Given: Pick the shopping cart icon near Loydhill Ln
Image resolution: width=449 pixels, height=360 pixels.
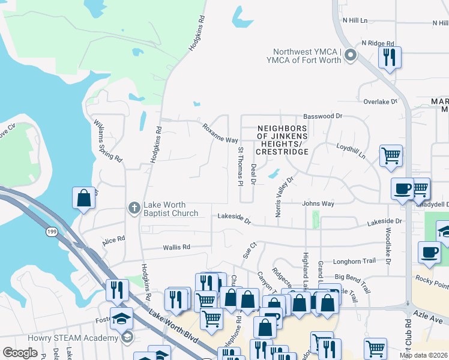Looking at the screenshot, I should (391, 155).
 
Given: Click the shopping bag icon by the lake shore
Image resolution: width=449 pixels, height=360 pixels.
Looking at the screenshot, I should (83, 198).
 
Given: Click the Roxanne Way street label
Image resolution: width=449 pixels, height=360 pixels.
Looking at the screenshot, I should (220, 133).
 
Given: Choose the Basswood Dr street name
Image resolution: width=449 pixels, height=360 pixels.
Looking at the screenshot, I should (322, 116).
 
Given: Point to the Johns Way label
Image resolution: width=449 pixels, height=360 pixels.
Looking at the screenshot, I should (318, 203).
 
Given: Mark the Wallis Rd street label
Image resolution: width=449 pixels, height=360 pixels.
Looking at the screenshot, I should (176, 247).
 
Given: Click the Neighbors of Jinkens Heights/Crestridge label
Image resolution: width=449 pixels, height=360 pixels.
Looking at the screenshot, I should (282, 140).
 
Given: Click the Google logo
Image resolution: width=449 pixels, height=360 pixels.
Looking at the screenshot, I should (20, 352).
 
